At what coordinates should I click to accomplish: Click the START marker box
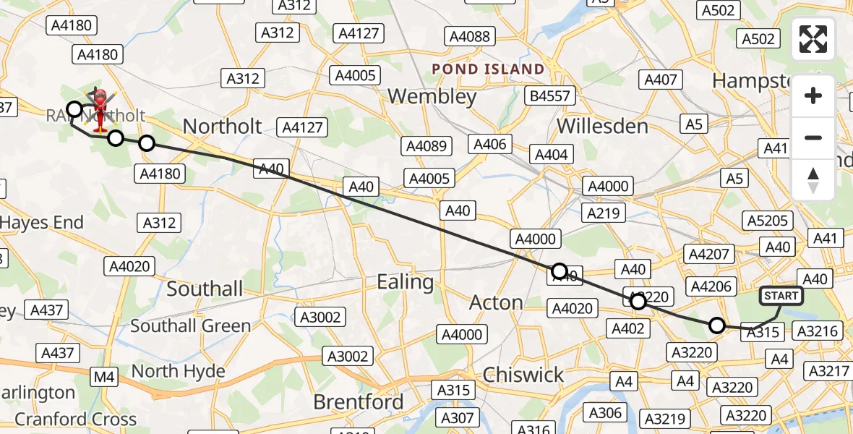click(x=781, y=295)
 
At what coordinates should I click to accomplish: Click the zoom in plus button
click(x=813, y=95)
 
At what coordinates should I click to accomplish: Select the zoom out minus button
click(x=813, y=137)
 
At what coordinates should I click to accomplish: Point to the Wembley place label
click(x=432, y=96)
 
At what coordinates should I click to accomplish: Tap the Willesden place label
click(x=602, y=127)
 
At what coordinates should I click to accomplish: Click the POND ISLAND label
click(x=488, y=69)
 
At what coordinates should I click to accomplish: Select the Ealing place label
click(x=405, y=281)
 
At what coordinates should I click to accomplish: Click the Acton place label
click(x=496, y=302)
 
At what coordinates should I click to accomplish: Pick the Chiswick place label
click(x=523, y=375)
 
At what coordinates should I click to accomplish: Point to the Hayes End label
click(x=42, y=223)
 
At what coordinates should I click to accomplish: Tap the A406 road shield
click(x=489, y=144)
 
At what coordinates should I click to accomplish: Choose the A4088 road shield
click(x=470, y=36)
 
